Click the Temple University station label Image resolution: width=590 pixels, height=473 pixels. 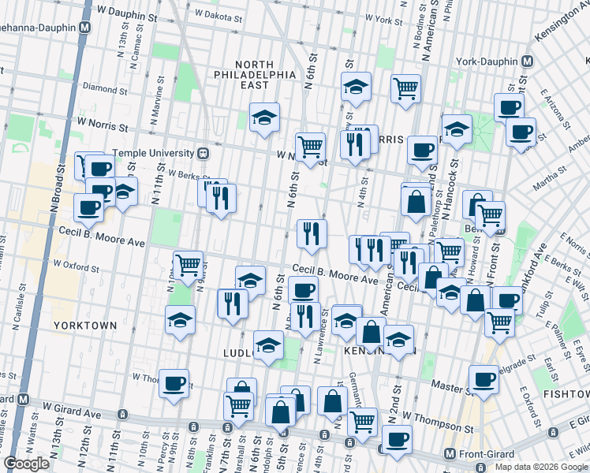tap(152, 152)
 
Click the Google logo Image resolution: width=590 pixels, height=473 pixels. tap(27, 463)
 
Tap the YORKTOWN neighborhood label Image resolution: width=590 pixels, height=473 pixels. tap(84, 325)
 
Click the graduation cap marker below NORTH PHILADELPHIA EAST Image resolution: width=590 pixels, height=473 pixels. tap(264, 117)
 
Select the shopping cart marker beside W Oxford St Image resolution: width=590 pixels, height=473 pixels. tap(188, 265)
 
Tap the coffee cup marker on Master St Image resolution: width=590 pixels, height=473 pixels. tap(484, 379)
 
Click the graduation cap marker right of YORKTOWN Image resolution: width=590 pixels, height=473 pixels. tap(181, 320)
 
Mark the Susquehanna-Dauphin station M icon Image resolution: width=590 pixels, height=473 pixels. tap(84, 28)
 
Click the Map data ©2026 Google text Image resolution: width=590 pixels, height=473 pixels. tap(541, 467)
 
